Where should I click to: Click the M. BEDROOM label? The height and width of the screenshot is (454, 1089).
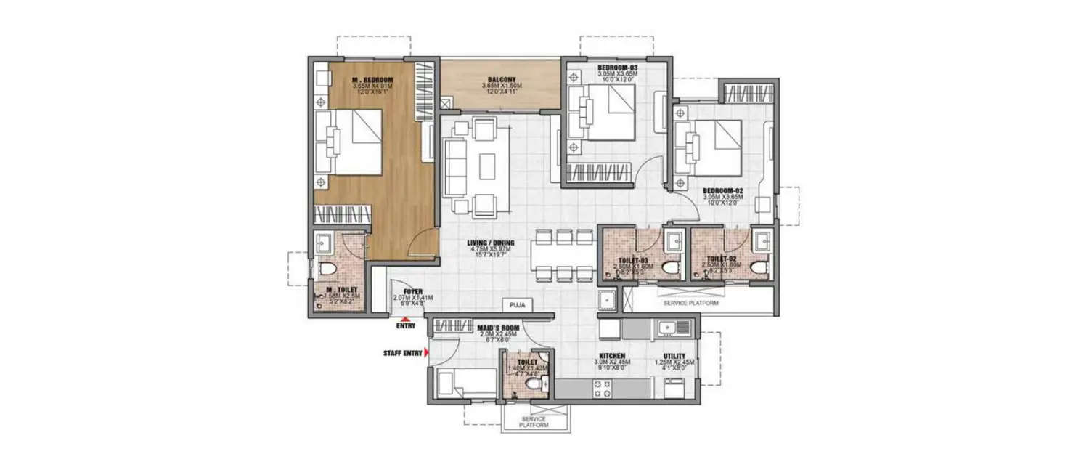coord(372,79)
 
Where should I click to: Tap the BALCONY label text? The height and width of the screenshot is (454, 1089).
coord(502,79)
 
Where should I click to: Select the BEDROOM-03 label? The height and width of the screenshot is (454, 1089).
coord(617,68)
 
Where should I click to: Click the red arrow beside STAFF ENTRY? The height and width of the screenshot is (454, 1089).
coord(427,353)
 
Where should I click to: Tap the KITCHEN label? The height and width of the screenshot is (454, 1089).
coord(613,356)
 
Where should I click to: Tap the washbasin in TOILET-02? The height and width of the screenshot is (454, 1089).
coord(761,241)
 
